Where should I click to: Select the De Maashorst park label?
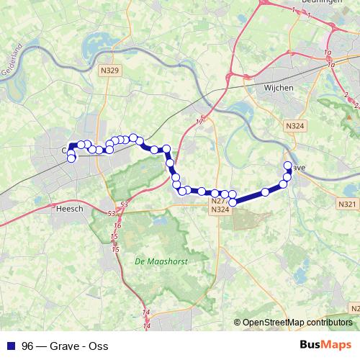(x=161, y=262)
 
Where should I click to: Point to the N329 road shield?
(x=109, y=71)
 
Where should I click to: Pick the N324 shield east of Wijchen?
(x=294, y=125)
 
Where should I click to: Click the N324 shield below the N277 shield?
(x=221, y=210)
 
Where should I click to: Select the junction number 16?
(x=117, y=226)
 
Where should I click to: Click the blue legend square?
(x=10, y=346)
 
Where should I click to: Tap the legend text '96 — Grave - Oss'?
(x=65, y=346)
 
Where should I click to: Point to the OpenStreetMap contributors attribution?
(x=296, y=323)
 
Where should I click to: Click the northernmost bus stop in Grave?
(x=288, y=166)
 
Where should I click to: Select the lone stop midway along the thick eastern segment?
(x=266, y=192)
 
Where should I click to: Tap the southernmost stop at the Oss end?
(x=71, y=158)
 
